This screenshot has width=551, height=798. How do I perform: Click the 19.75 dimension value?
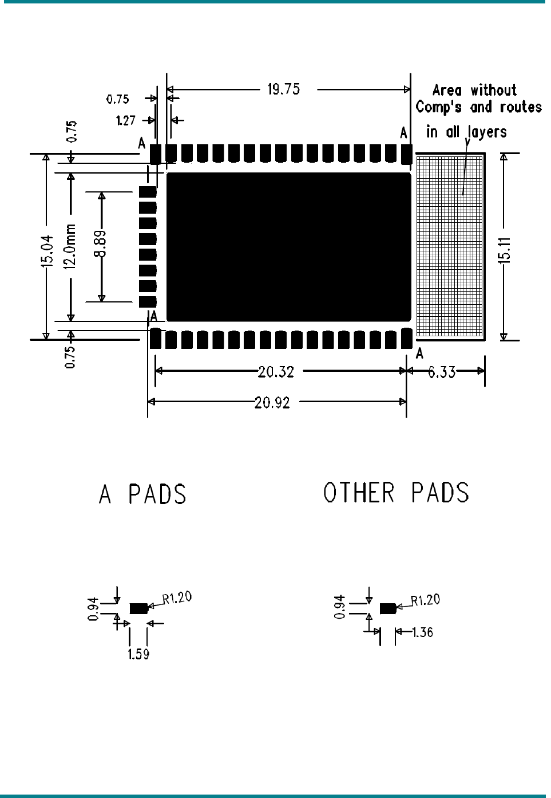(x=284, y=89)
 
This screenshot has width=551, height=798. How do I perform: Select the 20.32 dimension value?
(x=276, y=372)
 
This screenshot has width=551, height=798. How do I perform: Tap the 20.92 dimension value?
(x=272, y=403)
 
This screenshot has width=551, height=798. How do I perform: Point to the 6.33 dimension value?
(x=442, y=372)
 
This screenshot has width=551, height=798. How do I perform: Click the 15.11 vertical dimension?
(x=504, y=250)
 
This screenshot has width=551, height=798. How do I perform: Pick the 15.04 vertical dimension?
(x=47, y=251)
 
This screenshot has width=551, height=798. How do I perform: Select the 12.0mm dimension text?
(x=70, y=247)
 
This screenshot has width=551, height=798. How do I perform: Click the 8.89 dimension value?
(x=101, y=244)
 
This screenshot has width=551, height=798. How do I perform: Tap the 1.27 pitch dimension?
(x=125, y=120)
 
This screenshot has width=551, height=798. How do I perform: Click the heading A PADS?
(x=143, y=494)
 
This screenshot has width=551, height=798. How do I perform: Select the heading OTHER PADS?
(x=396, y=493)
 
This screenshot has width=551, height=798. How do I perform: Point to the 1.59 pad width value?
(x=138, y=654)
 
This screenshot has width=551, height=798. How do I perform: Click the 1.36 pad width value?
(x=423, y=632)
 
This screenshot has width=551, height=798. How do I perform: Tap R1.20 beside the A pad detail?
(x=177, y=598)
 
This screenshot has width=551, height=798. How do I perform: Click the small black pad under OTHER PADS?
(x=388, y=608)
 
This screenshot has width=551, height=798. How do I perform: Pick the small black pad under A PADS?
(x=138, y=608)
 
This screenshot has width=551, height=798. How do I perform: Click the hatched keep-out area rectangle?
(x=450, y=246)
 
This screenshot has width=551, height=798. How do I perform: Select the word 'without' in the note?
(x=493, y=91)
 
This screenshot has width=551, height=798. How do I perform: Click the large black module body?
(x=288, y=247)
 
